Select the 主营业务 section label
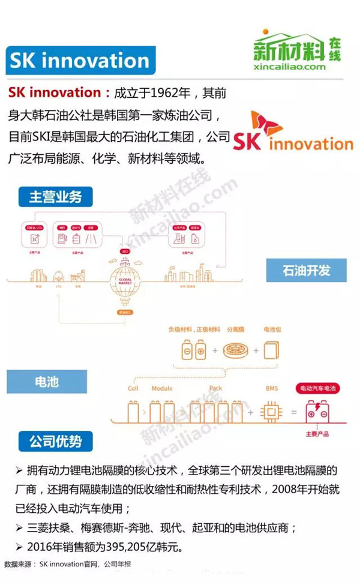coord(55,196)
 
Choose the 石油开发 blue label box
coord(306,269)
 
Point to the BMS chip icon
coord(271,412)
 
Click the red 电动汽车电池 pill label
coord(317,389)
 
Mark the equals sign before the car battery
coord(294,413)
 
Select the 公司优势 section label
coord(55,442)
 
